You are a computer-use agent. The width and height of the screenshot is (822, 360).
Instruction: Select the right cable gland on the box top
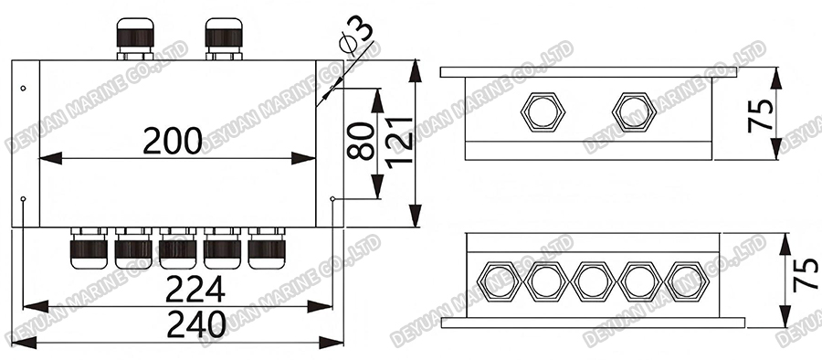pos(223,38)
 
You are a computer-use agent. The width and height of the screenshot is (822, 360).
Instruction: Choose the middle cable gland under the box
pos(176,247)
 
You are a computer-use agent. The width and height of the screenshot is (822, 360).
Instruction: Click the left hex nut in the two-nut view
pos(543,111)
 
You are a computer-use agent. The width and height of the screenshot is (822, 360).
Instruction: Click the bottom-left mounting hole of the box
pos(23,198)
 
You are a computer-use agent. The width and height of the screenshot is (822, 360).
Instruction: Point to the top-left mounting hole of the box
pos(23,89)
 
